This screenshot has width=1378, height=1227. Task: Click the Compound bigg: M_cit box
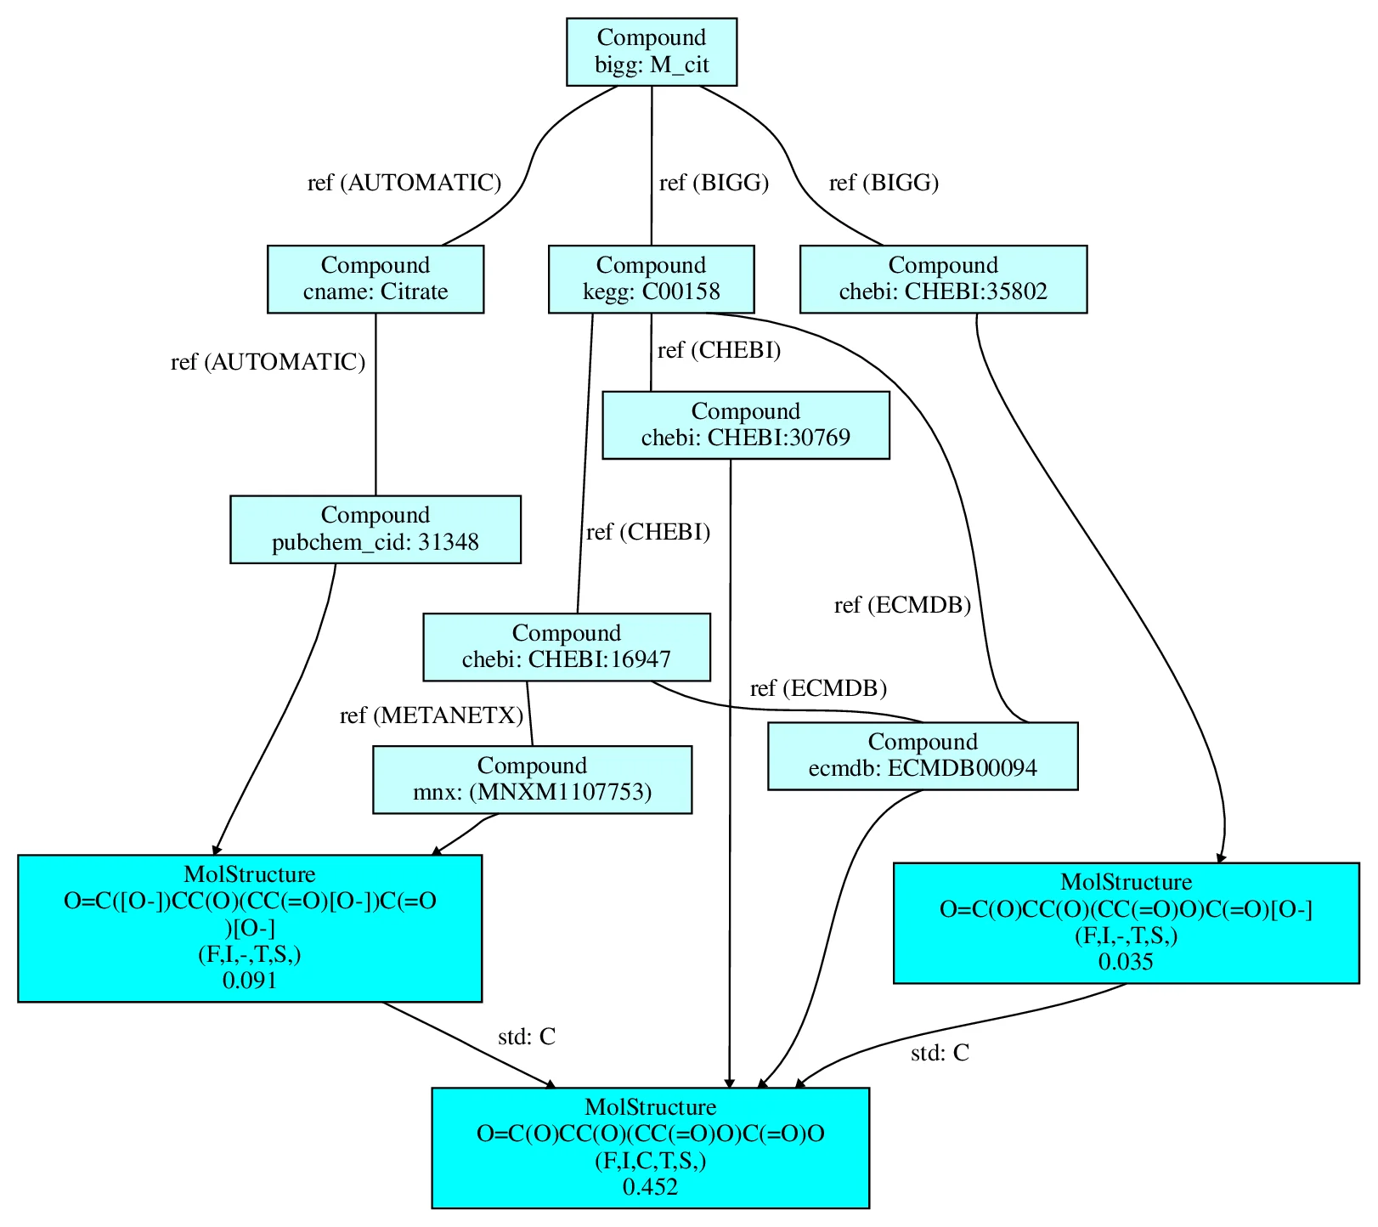click(x=651, y=51)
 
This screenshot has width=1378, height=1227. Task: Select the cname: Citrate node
click(x=375, y=279)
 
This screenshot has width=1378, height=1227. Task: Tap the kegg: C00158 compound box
click(x=651, y=279)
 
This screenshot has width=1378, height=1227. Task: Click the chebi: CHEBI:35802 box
click(x=942, y=279)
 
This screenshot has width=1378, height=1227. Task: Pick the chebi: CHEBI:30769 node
click(x=745, y=425)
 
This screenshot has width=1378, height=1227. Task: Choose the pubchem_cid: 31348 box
click(x=375, y=529)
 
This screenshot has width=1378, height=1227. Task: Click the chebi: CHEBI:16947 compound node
click(x=566, y=647)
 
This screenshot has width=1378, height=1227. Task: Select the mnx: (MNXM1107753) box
click(x=532, y=779)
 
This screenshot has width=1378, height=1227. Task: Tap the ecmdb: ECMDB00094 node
click(x=922, y=755)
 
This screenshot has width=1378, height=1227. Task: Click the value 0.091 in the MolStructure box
click(x=250, y=981)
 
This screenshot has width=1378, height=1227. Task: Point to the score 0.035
click(x=1126, y=962)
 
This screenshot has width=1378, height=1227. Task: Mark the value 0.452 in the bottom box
click(x=650, y=1186)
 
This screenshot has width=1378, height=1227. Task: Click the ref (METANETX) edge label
click(x=432, y=715)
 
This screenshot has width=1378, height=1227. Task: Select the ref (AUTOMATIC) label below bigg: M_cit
click(x=404, y=183)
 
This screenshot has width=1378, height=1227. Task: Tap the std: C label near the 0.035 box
click(x=940, y=1053)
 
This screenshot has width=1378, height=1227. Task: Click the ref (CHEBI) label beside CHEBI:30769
click(x=719, y=350)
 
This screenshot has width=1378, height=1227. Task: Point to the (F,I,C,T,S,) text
click(x=650, y=1160)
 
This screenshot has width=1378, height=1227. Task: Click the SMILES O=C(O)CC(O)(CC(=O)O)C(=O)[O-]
click(x=1126, y=909)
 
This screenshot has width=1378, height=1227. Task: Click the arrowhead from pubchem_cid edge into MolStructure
click(x=216, y=849)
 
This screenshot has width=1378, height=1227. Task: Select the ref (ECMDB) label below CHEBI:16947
click(x=818, y=688)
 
